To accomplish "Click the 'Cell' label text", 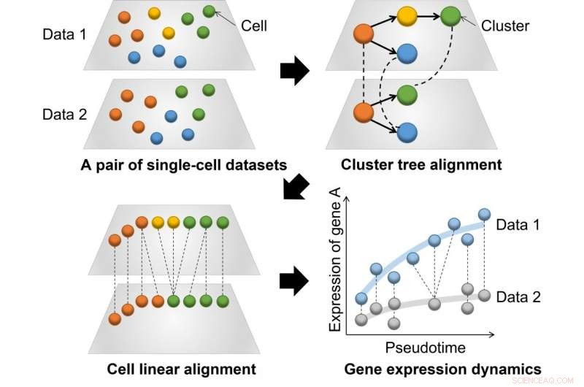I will click(x=254, y=26).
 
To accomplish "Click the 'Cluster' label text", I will click(x=505, y=26).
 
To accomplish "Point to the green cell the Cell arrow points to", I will click(x=210, y=11).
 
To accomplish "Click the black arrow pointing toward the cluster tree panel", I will click(x=294, y=72).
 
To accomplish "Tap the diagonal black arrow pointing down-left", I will click(x=295, y=188).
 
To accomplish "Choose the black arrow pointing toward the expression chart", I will click(x=294, y=281).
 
